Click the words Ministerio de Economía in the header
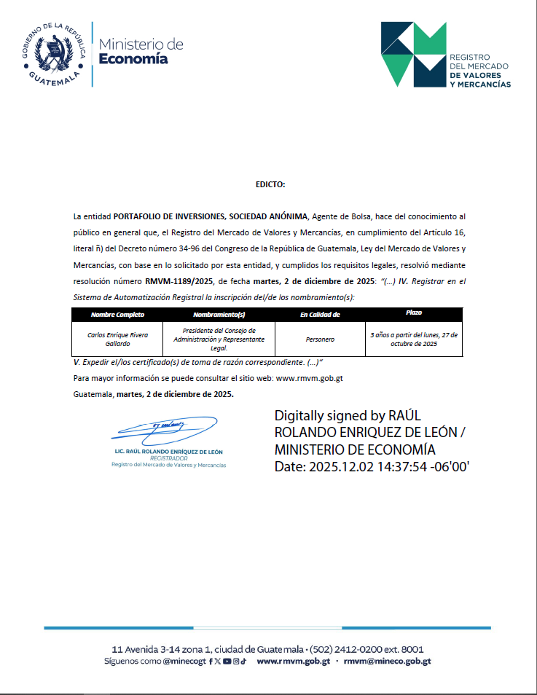pos(141,51)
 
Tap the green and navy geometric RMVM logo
pos(414,54)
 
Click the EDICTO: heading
pos(270,185)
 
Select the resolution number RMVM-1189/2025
pos(177,280)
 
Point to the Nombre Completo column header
pos(117,315)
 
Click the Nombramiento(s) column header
pos(219,315)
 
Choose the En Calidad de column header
pos(320,315)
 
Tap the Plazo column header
pos(414,313)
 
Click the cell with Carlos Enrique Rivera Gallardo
pos(117,339)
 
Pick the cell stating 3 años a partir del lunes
pos(414,339)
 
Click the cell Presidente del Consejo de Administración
pos(219,339)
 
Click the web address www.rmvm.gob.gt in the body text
pos(310,378)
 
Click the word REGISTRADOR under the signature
pos(168,458)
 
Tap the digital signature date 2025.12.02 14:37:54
pos(372,466)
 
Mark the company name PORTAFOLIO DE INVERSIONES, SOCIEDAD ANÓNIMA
pos(212,217)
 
